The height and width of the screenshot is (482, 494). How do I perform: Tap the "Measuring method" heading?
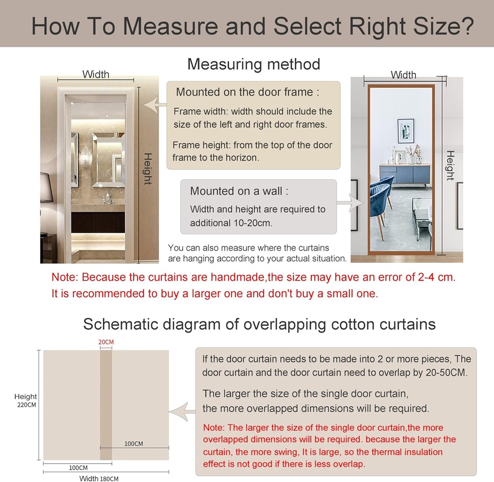[x=253, y=64]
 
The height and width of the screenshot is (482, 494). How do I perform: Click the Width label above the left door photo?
[x=96, y=74]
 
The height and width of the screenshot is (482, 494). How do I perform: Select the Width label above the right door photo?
[x=403, y=75]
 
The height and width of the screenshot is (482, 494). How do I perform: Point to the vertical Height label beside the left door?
[x=148, y=169]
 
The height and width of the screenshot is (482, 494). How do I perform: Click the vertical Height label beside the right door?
[x=450, y=165]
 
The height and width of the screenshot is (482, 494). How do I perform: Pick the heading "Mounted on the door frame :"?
[x=247, y=92]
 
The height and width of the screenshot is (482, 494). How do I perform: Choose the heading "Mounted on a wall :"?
[x=239, y=191]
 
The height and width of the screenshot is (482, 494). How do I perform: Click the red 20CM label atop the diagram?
[x=106, y=342]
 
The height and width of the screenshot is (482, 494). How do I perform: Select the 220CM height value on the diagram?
[x=26, y=405]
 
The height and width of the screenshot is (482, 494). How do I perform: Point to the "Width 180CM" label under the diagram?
[x=99, y=478]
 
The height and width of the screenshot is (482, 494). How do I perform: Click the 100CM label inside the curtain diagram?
[x=134, y=443]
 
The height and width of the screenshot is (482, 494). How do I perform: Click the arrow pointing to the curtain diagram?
[x=184, y=412]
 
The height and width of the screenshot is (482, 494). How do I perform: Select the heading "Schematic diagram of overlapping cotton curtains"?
[x=259, y=324]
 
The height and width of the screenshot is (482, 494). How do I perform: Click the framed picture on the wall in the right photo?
[x=406, y=131]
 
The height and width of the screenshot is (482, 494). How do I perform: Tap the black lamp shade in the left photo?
[x=46, y=187]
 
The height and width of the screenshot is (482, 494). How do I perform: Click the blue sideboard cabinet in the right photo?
[x=404, y=174]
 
